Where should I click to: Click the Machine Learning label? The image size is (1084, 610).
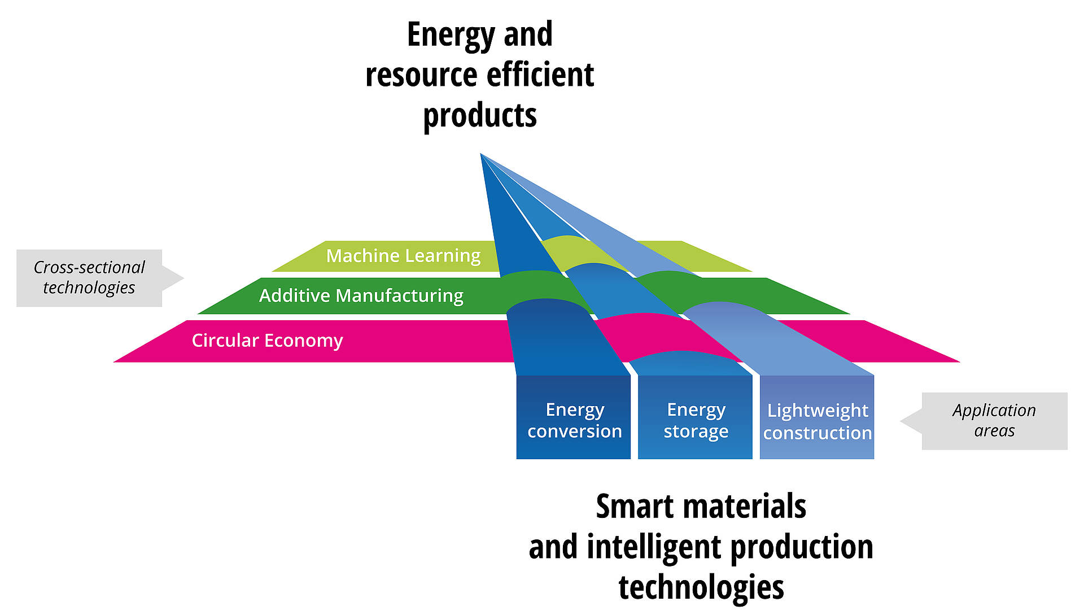pyautogui.click(x=403, y=256)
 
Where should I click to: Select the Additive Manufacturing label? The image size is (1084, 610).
pyautogui.click(x=361, y=295)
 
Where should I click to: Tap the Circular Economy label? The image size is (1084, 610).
pyautogui.click(x=267, y=341)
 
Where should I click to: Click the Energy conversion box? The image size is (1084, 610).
pyautogui.click(x=574, y=417)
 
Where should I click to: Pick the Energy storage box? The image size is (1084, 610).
pyautogui.click(x=696, y=417)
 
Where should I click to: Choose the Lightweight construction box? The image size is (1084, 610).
pyautogui.click(x=817, y=417)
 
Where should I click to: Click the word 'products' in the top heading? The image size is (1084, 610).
pyautogui.click(x=480, y=116)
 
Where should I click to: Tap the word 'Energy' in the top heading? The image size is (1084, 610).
pyautogui.click(x=451, y=35)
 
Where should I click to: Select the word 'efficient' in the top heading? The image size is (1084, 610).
pyautogui.click(x=540, y=75)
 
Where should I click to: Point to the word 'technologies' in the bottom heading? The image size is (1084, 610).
pyautogui.click(x=701, y=587)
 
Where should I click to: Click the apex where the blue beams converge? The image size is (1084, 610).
pyautogui.click(x=480, y=153)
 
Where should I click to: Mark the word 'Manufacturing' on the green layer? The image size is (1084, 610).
pyautogui.click(x=400, y=295)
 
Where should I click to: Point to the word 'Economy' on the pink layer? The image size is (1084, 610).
pyautogui.click(x=303, y=341)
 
